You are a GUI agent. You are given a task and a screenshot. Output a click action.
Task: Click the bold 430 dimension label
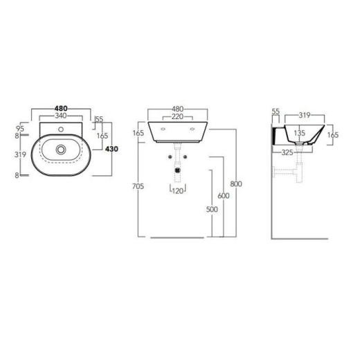(111, 149)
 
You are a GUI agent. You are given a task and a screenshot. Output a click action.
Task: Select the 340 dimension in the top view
(61, 116)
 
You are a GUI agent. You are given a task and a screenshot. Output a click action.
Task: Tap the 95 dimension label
(20, 129)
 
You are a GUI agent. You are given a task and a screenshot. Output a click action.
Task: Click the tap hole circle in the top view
(61, 129)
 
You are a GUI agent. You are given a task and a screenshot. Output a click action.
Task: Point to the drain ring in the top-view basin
(61, 150)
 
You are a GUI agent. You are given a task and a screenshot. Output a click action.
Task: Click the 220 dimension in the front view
(178, 117)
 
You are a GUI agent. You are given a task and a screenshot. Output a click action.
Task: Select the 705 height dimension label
(138, 186)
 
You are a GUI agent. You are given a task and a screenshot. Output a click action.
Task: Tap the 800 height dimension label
(236, 184)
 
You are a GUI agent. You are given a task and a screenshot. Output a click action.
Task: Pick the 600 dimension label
(224, 196)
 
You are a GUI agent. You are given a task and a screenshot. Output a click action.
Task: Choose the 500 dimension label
(212, 209)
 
